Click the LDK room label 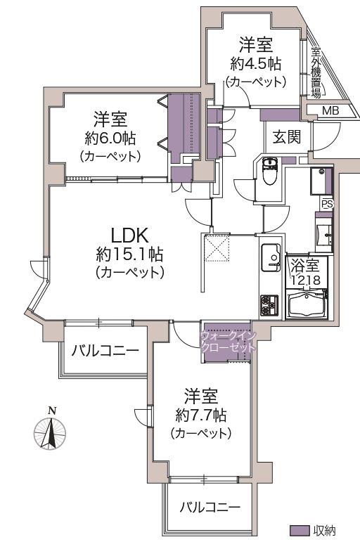coord(129,235)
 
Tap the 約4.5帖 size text coord(255,63)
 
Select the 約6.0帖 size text coord(110,138)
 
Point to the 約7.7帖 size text coord(201,415)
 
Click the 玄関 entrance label coord(287,137)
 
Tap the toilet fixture coord(269,171)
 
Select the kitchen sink coord(271,257)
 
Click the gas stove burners coord(269,306)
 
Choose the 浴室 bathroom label coord(305,266)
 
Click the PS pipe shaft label coord(327,204)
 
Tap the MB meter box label coord(330,111)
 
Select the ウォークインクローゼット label coord(229,342)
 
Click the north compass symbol coord(50,430)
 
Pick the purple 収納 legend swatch coord(300,530)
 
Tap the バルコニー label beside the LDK coord(105,351)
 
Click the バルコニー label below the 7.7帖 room coord(210,508)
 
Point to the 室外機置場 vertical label coord(316,73)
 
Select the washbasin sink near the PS coord(324,235)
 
